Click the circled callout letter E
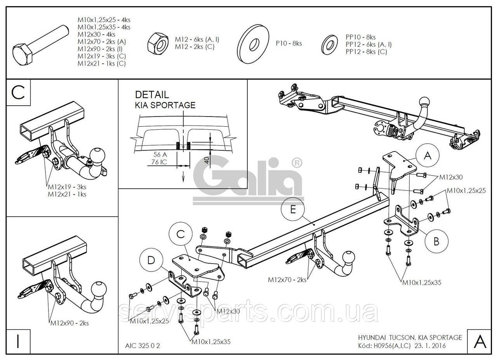(x=293, y=209)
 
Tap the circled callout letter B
(x=436, y=241)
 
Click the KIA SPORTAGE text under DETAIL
(x=165, y=105)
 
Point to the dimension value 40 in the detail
(x=207, y=159)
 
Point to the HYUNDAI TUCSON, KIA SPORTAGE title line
(x=410, y=337)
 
